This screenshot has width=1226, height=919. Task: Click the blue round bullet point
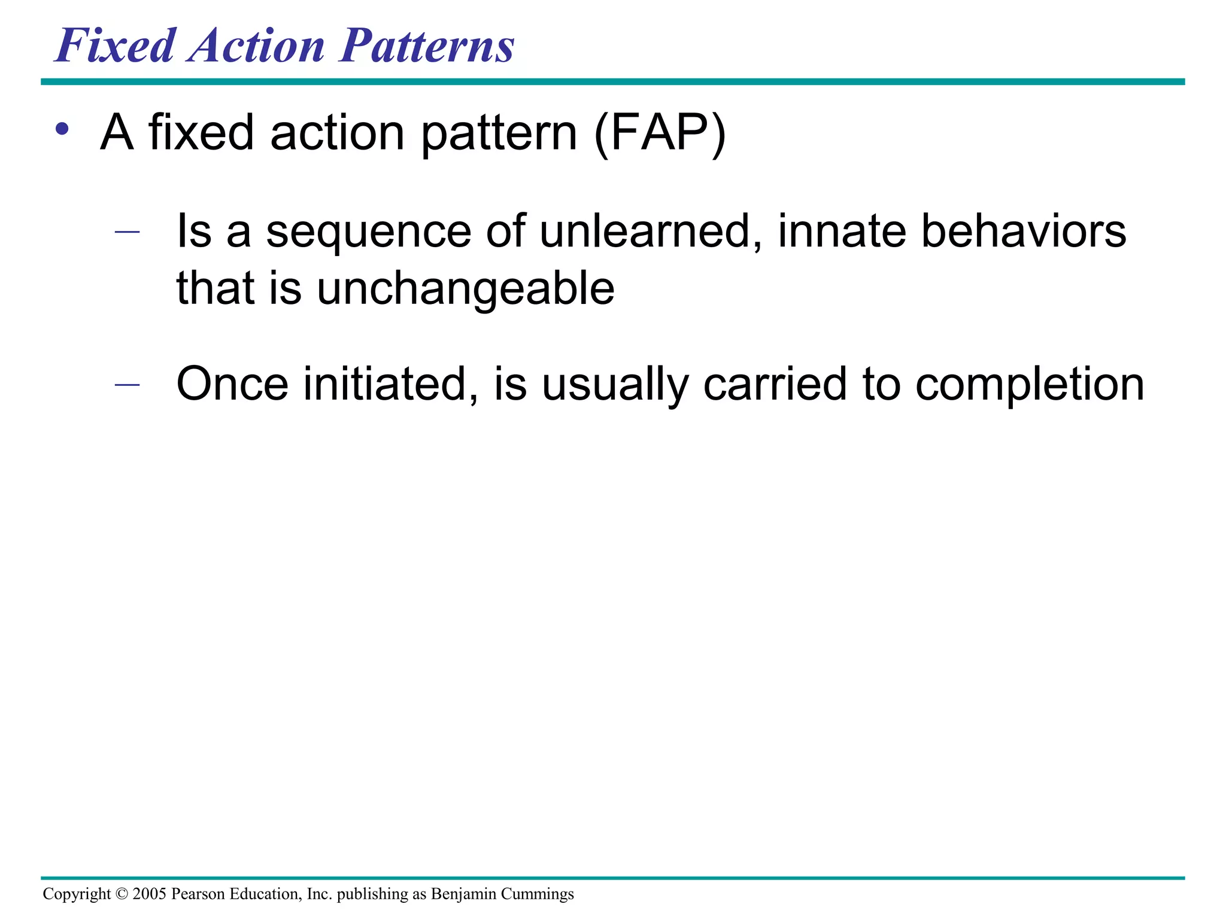[62, 129]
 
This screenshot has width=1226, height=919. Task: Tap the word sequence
[368, 232]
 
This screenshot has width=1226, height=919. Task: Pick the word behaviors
[1023, 232]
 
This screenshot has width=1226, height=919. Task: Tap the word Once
[232, 384]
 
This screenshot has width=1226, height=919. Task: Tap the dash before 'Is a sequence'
[127, 232]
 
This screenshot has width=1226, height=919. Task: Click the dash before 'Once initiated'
[127, 384]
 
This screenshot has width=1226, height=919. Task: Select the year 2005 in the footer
[149, 894]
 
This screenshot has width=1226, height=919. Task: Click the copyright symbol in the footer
[122, 894]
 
